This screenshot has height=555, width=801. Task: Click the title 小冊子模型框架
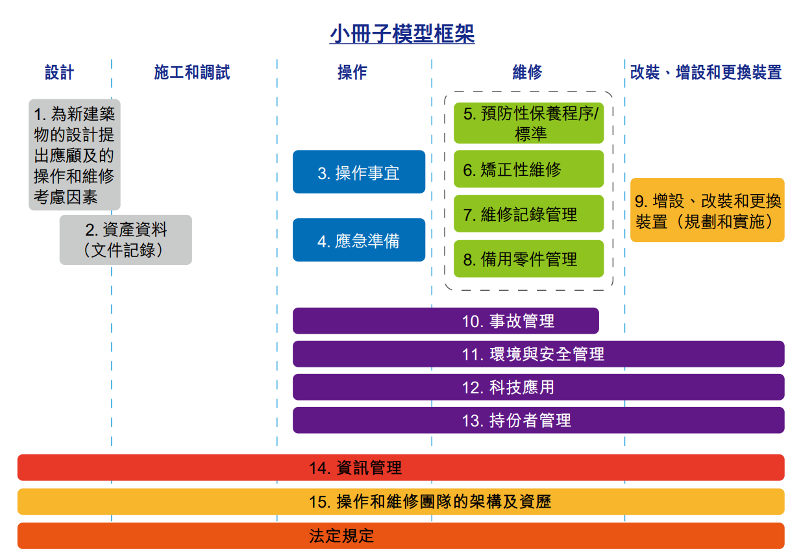coord(402,34)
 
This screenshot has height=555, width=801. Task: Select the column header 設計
coord(59,72)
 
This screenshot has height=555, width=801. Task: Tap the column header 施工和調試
coord(192,72)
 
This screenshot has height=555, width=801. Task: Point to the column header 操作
coord(352,72)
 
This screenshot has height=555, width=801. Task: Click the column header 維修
coord(528,72)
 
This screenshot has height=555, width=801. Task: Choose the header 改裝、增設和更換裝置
coord(706,72)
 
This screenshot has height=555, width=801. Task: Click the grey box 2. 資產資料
coord(126,240)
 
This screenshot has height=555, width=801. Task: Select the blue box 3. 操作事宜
coord(359,171)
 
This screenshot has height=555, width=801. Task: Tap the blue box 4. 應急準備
coord(359,240)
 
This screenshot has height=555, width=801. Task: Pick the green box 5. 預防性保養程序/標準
coord(529,123)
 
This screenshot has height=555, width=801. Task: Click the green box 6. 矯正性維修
coord(529,169)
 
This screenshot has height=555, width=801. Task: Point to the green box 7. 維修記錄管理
coord(529,214)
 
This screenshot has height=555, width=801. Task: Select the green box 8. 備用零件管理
coord(529,258)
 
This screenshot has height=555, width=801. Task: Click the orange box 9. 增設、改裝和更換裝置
coord(708,210)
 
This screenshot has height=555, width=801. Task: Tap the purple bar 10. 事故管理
coord(446,321)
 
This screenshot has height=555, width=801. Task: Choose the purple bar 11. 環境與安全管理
coord(539,354)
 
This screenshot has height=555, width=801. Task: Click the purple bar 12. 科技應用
coord(539,387)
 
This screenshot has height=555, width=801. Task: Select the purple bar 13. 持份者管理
coord(539,420)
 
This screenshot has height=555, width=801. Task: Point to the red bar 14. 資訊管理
coord(401,467)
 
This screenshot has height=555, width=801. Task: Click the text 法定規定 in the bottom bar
coord(341,536)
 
